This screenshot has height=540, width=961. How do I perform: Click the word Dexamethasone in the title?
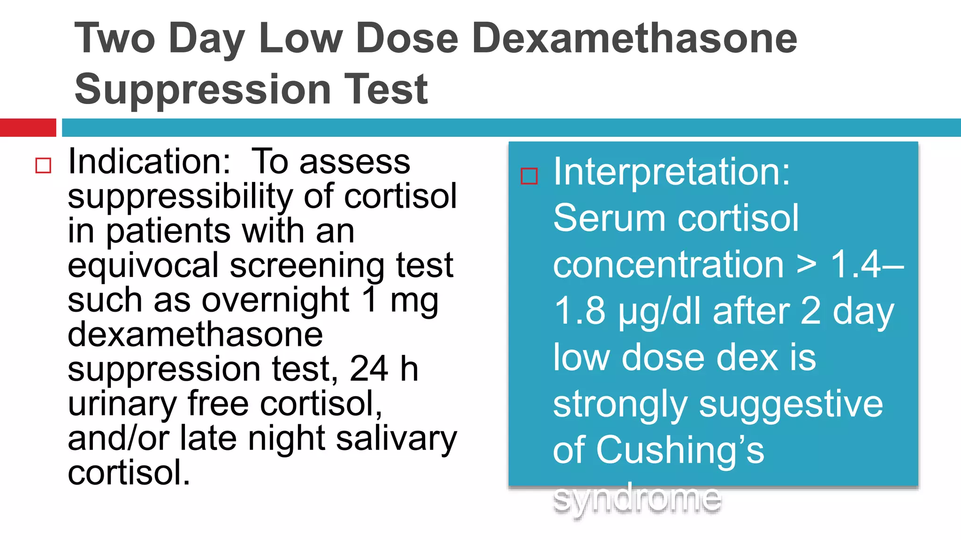tap(636, 38)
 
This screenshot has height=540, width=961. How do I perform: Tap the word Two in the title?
tap(114, 38)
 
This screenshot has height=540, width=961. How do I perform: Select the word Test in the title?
tap(386, 89)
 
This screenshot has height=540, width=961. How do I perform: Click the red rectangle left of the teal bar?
tap(28, 127)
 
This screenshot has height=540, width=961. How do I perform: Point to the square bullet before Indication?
tap(43, 165)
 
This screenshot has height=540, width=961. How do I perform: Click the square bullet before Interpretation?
tap(529, 176)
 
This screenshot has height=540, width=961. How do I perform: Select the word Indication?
tap(149, 162)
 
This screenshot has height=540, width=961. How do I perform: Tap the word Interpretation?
tap(671, 172)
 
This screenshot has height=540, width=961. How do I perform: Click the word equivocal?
tap(143, 266)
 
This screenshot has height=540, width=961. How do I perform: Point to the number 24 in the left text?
tap(369, 369)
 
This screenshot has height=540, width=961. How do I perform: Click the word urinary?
tap(122, 404)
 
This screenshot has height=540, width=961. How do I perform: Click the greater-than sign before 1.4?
tap(806, 265)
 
